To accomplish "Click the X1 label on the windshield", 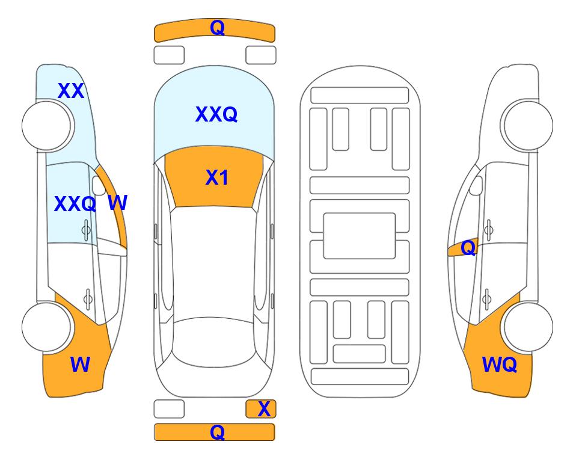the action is [x=217, y=177].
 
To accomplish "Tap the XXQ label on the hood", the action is [x=216, y=114].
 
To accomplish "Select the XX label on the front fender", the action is [x=71, y=91].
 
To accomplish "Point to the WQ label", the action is [x=500, y=365].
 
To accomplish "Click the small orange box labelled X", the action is [x=261, y=409].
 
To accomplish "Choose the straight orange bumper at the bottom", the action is [x=215, y=432].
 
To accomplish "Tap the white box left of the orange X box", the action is [x=169, y=409].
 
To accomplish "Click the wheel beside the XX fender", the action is [x=47, y=126].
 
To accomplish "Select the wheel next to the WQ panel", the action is [x=528, y=327].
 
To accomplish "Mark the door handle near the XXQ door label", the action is [x=86, y=230].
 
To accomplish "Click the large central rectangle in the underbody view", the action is [x=360, y=236].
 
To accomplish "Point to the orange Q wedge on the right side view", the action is [x=464, y=247].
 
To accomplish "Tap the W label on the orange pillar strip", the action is [x=118, y=203].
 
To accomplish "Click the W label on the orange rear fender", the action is [x=80, y=365].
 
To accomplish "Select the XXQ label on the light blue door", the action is [x=75, y=204].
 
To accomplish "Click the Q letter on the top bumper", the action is [x=218, y=28].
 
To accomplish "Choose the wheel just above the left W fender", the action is [x=47, y=327].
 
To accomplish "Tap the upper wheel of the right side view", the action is [x=528, y=126].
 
